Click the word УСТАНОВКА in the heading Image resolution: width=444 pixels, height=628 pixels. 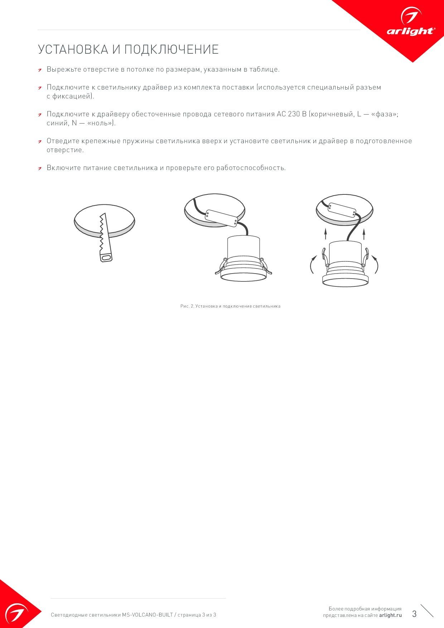coord(73,49)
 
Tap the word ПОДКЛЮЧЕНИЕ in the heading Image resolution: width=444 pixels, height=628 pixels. coord(172,49)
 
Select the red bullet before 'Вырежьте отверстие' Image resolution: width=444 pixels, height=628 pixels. coord(40,69)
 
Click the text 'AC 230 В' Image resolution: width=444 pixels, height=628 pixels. coord(291,114)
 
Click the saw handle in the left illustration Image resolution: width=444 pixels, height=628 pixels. coord(106,257)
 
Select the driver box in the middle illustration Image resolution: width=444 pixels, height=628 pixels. coord(221,218)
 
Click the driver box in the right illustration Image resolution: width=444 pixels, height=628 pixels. coord(342,210)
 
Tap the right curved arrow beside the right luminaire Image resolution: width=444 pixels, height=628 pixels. coord(376,264)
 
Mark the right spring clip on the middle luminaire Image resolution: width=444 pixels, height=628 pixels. coord(266,266)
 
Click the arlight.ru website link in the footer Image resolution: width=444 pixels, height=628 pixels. coord(390,615)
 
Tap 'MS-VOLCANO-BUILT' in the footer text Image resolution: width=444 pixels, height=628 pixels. coord(148,615)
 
